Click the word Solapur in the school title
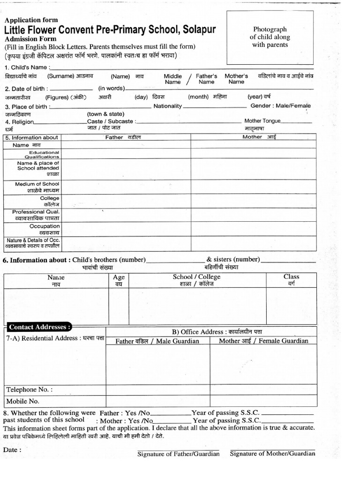point(198,30)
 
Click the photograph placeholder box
point(270,37)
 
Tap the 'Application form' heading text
point(31,20)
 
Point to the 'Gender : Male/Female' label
point(280,106)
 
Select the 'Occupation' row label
point(45,226)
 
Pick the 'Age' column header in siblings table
point(119,277)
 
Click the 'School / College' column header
point(196,277)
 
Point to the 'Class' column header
point(291,277)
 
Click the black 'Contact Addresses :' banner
point(40,327)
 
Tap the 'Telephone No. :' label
point(29,390)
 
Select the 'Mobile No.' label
point(22,401)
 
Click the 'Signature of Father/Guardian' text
point(179,454)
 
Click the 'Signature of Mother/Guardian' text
point(272,454)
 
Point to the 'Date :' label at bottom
point(12,450)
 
